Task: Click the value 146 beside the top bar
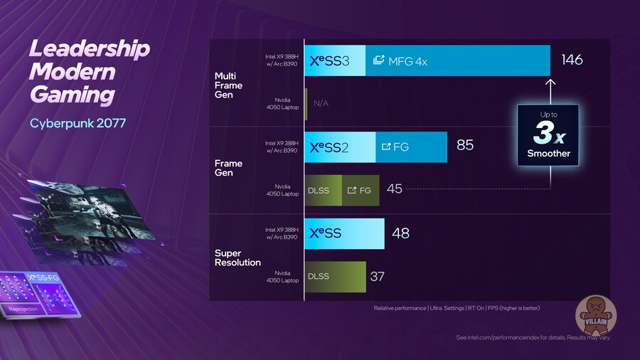click(572, 60)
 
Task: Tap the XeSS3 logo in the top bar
click(330, 61)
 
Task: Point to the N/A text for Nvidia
click(321, 103)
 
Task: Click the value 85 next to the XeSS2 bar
click(465, 146)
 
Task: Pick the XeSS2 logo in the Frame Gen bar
click(330, 147)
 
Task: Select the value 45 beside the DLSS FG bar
click(395, 189)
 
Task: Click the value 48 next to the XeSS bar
click(400, 233)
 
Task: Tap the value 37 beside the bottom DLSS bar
click(377, 276)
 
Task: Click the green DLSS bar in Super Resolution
click(334, 276)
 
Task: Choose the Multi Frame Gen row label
click(229, 85)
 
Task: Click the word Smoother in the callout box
click(548, 154)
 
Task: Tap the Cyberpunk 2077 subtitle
click(78, 124)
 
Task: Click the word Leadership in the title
click(89, 50)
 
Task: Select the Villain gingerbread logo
click(595, 313)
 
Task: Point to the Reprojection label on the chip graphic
click(23, 308)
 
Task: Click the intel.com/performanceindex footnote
click(533, 337)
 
